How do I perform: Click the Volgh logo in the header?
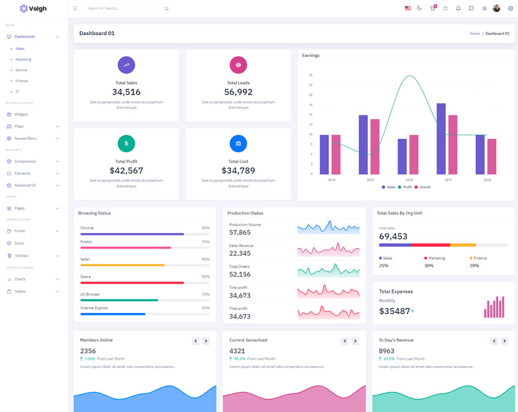click(34, 8)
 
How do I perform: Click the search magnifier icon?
click(166, 9)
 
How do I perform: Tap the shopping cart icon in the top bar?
click(433, 8)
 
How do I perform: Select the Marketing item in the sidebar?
click(23, 60)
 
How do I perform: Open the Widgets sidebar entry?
click(21, 114)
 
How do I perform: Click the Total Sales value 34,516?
click(126, 92)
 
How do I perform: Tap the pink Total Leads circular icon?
click(238, 65)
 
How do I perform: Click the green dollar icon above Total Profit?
click(126, 143)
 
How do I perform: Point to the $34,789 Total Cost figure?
click(238, 170)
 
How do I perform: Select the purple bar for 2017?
click(441, 139)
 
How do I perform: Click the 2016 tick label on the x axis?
click(409, 180)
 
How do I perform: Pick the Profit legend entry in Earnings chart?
click(405, 187)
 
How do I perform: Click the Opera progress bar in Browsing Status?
click(132, 283)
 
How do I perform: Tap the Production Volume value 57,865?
click(240, 232)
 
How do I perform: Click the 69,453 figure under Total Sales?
click(393, 236)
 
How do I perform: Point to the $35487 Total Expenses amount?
click(394, 311)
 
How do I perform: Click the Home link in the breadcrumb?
click(475, 34)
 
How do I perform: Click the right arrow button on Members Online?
click(206, 341)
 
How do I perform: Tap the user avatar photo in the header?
click(497, 8)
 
